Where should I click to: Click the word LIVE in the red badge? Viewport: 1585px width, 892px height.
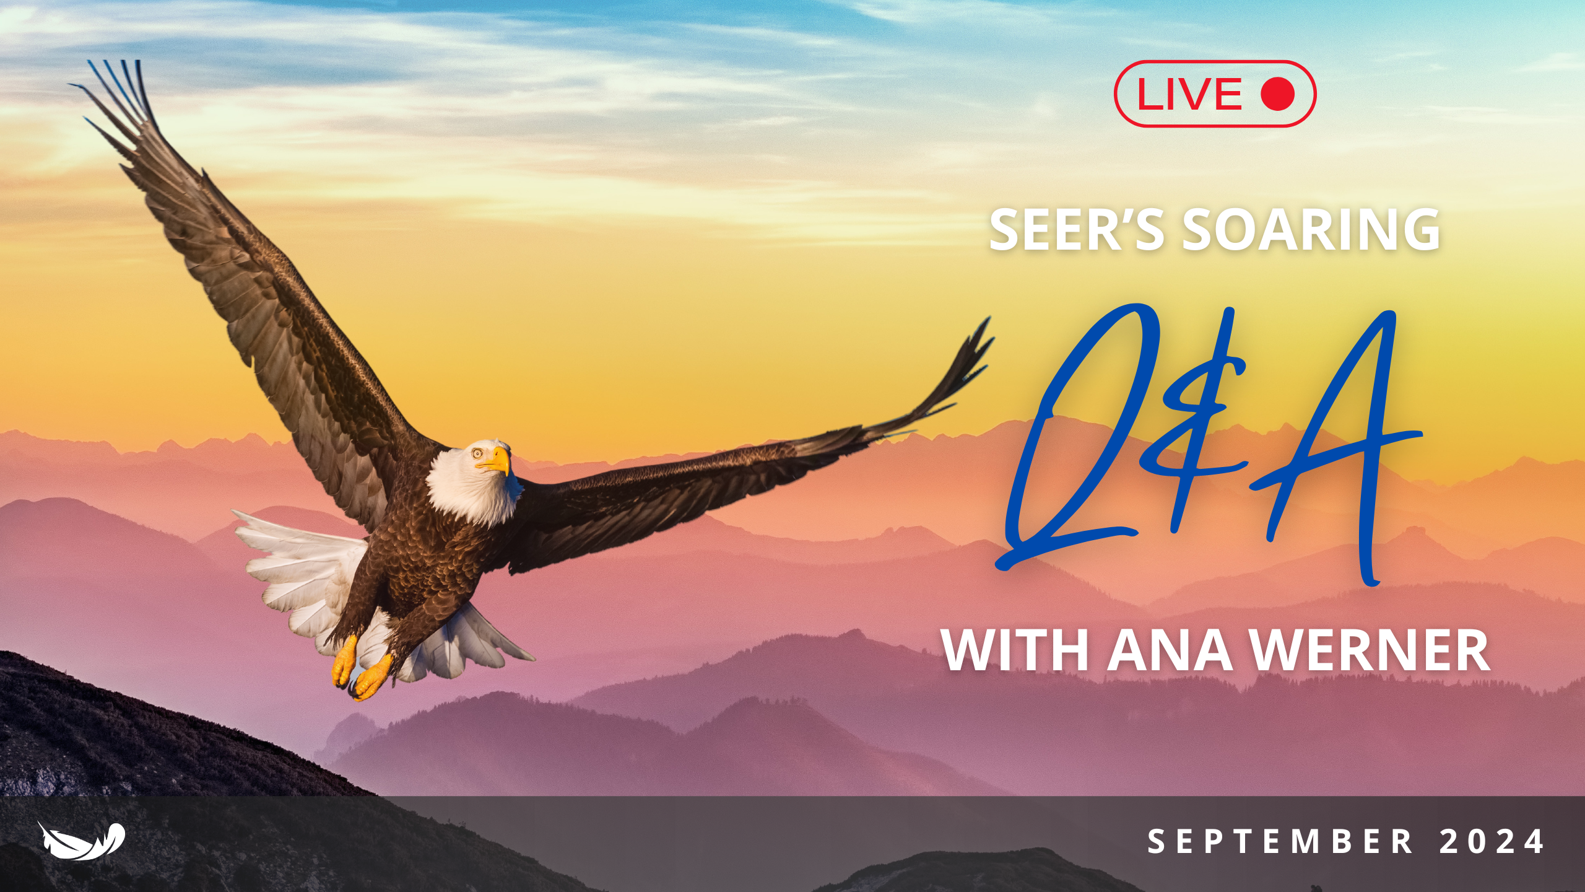[1189, 94]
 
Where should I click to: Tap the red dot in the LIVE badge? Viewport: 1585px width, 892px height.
[1277, 94]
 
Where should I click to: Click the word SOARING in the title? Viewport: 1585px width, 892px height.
[1311, 230]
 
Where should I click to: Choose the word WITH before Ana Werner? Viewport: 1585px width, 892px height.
[1015, 650]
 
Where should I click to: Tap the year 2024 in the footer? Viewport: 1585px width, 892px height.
[1492, 842]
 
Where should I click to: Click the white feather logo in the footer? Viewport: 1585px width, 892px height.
[81, 841]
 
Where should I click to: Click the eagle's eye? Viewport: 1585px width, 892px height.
[478, 453]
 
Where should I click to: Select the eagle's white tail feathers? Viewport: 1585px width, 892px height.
[297, 570]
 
